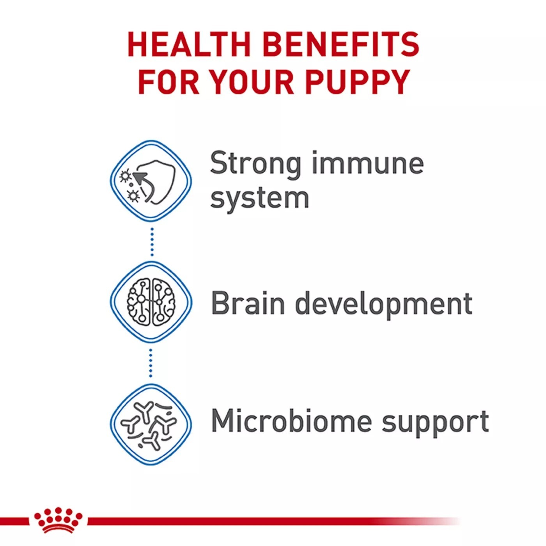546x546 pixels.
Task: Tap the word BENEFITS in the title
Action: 341,44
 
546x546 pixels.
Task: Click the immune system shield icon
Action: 151,181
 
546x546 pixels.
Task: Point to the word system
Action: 259,199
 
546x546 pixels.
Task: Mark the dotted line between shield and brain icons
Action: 152,242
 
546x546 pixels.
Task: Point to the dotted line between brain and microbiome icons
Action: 151,363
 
